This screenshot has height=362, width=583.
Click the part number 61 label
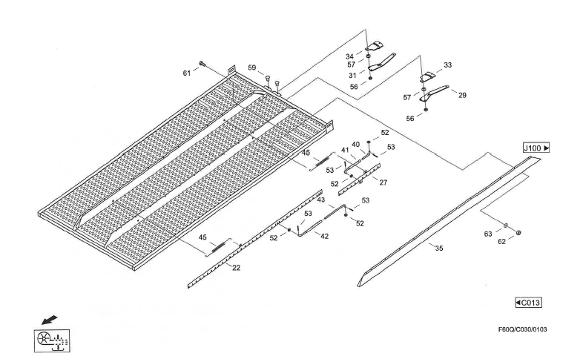tap(187, 73)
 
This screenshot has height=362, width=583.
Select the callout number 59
tap(252, 68)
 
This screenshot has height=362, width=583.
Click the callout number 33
tap(447, 66)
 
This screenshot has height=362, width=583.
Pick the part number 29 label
tap(463, 96)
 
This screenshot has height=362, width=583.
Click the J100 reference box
tap(536, 148)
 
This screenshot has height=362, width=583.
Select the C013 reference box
tap(527, 302)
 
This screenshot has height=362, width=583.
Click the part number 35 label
tap(439, 249)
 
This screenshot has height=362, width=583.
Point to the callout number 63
tap(488, 234)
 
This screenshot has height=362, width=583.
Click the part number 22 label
tap(236, 268)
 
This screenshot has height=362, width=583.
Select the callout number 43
tap(320, 200)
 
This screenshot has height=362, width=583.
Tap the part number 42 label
tap(324, 235)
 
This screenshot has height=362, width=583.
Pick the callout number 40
tap(356, 144)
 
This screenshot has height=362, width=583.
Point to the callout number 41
tap(345, 151)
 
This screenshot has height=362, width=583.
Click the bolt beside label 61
tap(201, 64)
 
